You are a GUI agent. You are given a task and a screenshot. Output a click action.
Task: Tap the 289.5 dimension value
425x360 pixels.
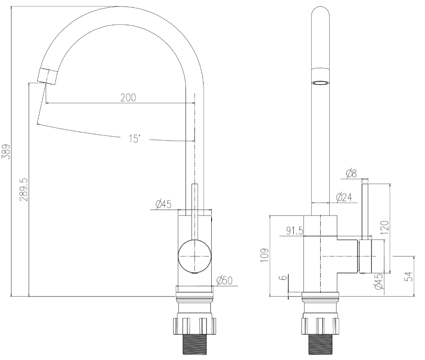(24, 189)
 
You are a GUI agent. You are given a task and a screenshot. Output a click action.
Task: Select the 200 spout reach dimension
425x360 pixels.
(128, 97)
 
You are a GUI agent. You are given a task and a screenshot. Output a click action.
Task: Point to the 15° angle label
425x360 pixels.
(135, 139)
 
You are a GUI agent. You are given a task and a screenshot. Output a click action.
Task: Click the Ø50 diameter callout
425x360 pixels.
(225, 280)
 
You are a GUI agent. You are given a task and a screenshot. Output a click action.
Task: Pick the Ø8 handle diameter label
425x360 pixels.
(352, 173)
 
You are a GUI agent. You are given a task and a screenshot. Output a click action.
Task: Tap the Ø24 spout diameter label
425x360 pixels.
(344, 197)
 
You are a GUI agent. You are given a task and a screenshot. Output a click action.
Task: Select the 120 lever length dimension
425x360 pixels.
(385, 227)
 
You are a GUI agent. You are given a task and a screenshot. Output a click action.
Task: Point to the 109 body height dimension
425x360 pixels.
(264, 255)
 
